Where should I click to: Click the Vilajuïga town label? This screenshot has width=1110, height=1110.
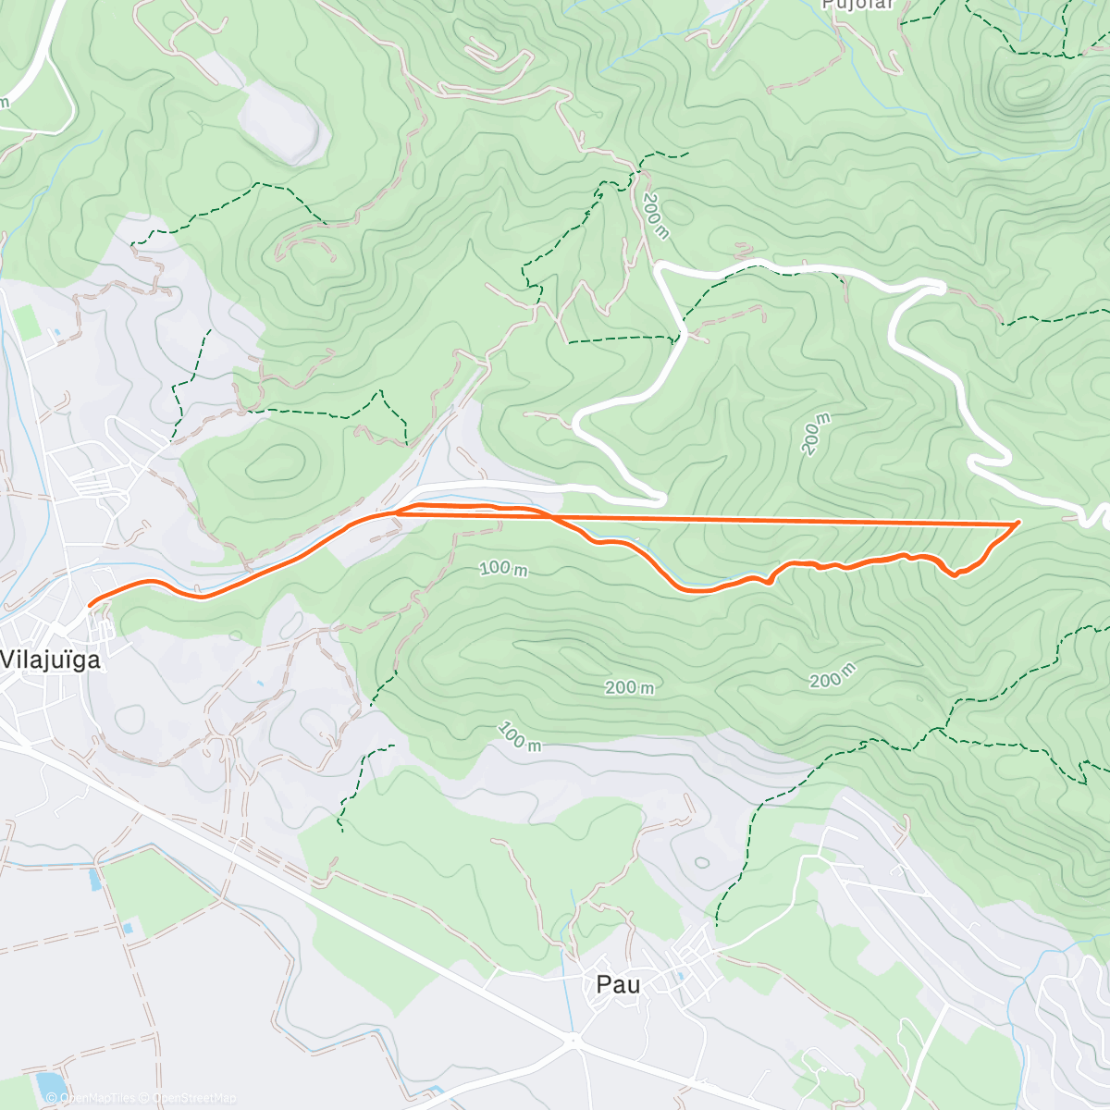[51, 660]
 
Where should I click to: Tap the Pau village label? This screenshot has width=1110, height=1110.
[618, 984]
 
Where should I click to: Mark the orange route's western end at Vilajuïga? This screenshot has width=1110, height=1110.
[90, 605]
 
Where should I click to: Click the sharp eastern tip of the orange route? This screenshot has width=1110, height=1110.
[1018, 524]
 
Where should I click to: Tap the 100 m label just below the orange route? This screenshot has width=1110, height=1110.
[503, 568]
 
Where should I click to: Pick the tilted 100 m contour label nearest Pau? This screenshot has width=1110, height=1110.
[519, 736]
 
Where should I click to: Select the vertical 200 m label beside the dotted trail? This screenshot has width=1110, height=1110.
[655, 216]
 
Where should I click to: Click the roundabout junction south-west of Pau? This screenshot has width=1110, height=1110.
[574, 1041]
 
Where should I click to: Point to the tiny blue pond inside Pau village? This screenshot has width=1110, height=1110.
[681, 974]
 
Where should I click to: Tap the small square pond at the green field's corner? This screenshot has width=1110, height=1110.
[129, 927]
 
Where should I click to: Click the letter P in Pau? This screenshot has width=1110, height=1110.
[604, 984]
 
